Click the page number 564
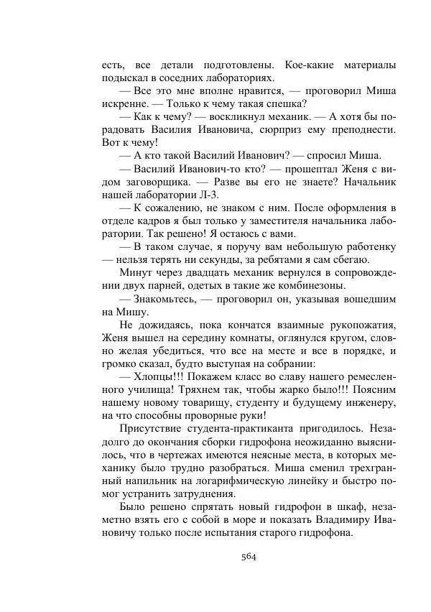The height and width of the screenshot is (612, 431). pos(249,555)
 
